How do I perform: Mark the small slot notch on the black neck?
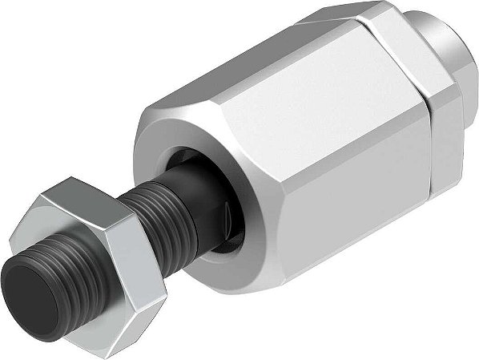pos(229,216)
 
